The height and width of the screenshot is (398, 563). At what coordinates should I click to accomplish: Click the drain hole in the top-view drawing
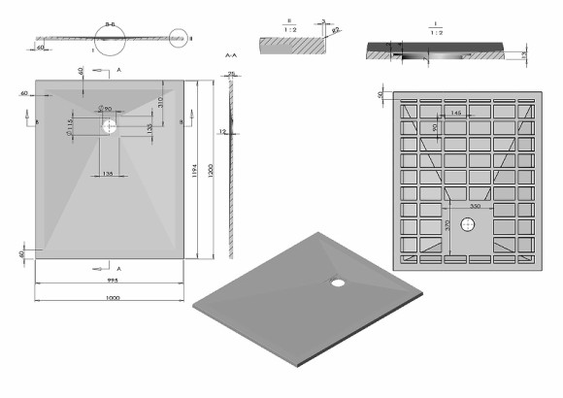click(109, 125)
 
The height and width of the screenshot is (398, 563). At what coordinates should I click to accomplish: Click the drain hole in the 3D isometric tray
click(338, 283)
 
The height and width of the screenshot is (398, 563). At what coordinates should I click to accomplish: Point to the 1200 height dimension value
click(212, 169)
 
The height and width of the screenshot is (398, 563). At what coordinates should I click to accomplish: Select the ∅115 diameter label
click(71, 125)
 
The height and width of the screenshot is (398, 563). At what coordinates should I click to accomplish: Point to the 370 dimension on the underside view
click(447, 225)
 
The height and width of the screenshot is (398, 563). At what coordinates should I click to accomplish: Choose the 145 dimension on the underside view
click(453, 115)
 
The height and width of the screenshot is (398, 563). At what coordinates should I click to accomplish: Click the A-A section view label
click(230, 57)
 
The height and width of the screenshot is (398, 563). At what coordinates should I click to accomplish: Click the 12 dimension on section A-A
click(222, 132)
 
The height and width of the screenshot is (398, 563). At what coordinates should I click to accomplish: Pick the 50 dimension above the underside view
click(382, 94)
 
